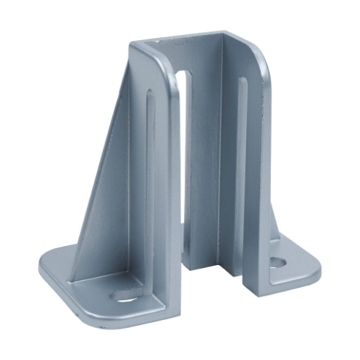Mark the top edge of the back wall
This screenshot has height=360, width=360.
(x=190, y=37)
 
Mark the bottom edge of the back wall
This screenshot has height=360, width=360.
(x=208, y=267)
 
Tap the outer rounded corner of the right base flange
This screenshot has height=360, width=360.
(x=315, y=274)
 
